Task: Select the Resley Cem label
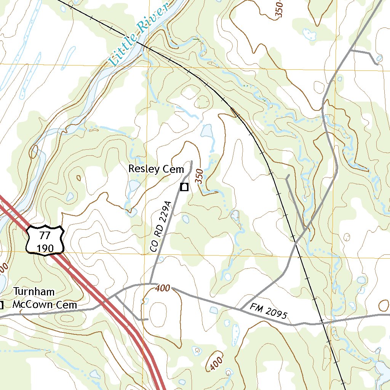click(156, 169)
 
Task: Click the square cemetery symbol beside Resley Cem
click(185, 187)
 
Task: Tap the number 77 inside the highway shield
click(45, 235)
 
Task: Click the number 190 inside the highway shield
click(45, 247)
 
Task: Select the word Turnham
click(34, 292)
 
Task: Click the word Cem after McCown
click(67, 305)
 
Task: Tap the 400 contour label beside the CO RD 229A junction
click(163, 288)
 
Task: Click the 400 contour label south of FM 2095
click(215, 364)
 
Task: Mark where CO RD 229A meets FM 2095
click(151, 284)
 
